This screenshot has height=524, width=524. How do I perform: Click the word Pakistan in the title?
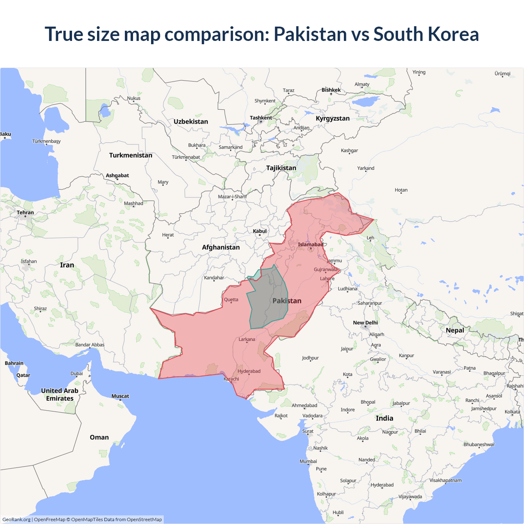click(310, 34)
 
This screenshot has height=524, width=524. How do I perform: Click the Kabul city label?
click(260, 231)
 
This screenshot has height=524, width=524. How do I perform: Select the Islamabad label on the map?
click(310, 244)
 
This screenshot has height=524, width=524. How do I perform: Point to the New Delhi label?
click(365, 323)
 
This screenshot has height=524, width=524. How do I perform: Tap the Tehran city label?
click(25, 212)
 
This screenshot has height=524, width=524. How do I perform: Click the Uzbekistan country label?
click(191, 122)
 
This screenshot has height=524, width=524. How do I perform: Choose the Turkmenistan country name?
click(131, 155)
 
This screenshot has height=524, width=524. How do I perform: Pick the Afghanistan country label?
click(221, 247)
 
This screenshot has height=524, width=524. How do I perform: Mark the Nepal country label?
click(455, 330)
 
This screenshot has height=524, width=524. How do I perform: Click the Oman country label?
click(99, 437)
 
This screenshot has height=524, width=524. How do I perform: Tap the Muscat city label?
click(120, 396)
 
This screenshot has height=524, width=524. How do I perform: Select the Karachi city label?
click(231, 379)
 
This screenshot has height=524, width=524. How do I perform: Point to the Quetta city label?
click(231, 300)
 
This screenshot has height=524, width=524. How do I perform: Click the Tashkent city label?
click(261, 118)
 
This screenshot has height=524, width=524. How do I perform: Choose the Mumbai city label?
click(308, 461)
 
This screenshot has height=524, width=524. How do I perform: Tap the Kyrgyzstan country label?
click(332, 118)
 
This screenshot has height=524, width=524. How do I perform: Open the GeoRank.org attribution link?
click(16, 519)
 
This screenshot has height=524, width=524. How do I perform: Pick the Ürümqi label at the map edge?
click(502, 74)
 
